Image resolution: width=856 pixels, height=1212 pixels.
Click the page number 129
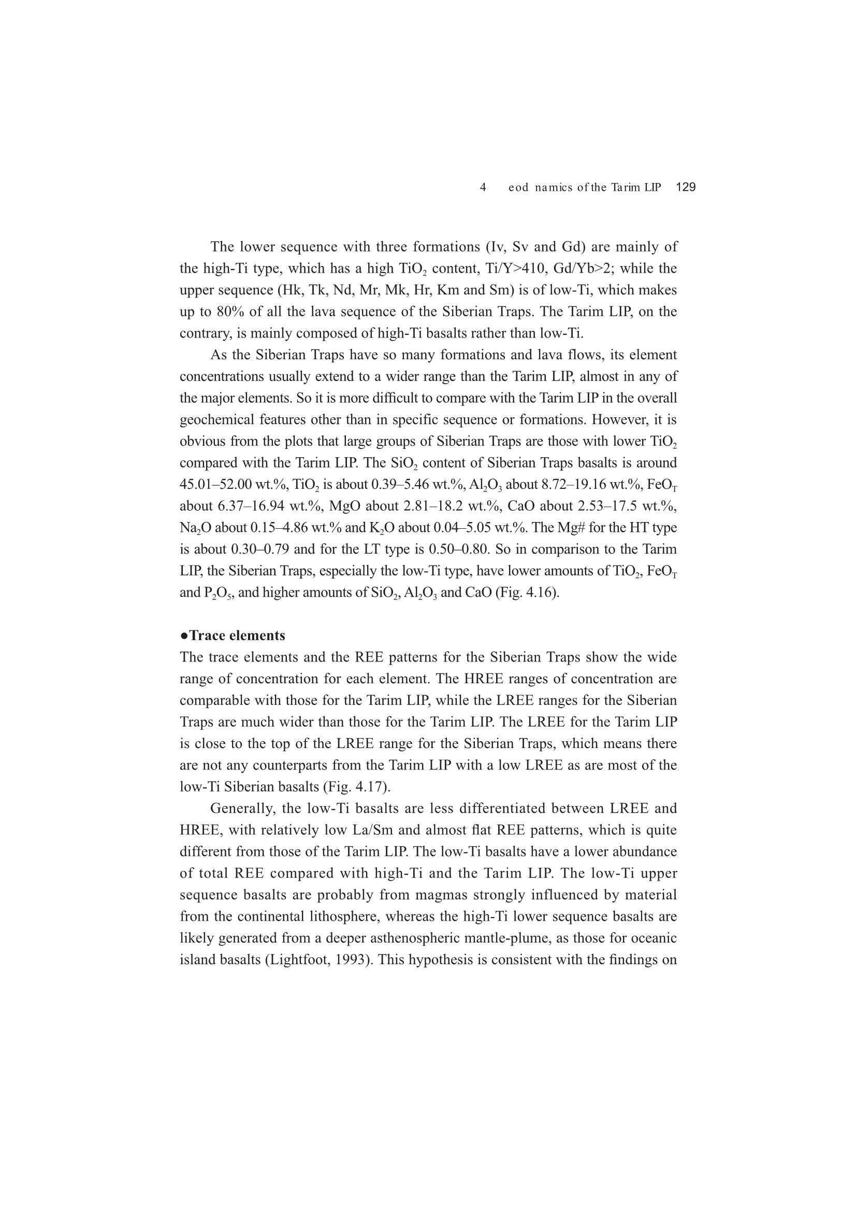pos(686,187)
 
